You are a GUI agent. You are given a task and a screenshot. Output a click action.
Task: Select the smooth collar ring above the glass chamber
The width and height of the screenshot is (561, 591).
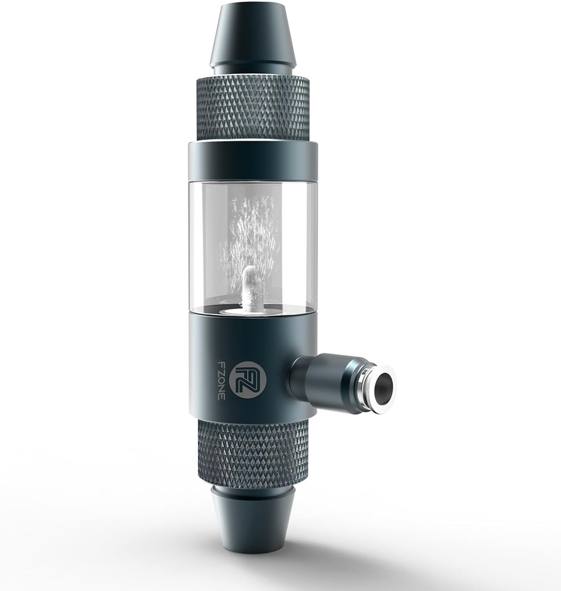coord(253,160)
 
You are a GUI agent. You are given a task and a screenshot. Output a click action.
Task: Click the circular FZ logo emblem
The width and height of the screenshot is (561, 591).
coord(247,378)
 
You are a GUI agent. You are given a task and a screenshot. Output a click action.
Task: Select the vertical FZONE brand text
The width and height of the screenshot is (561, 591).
coord(221,378)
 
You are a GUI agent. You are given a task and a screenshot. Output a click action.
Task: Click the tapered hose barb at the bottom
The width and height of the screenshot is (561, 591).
coord(253,520)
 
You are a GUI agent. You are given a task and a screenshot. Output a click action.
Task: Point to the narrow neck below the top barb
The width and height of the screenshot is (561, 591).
coord(253,70)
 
